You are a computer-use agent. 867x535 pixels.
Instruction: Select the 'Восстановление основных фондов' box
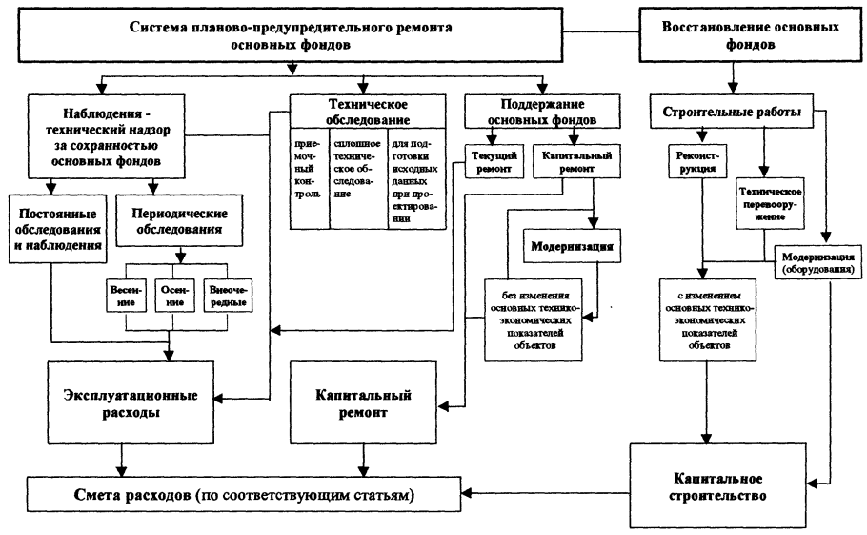pos(751,36)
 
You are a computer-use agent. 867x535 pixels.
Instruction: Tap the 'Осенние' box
pos(172,295)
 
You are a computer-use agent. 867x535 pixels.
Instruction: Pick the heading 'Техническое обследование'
pos(367,112)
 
